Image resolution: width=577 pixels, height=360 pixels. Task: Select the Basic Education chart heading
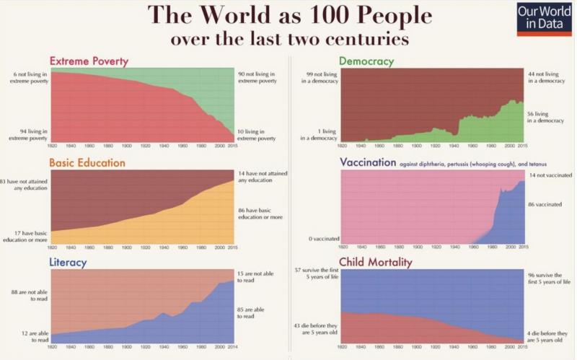(87, 162)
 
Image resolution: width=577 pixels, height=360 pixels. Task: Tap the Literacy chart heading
(68, 262)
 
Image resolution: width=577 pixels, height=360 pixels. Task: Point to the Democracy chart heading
(366, 61)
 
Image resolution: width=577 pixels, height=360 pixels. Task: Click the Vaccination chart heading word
(368, 162)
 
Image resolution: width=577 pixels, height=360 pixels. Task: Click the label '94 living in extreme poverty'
(29, 134)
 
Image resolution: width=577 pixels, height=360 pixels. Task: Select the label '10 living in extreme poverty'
(257, 134)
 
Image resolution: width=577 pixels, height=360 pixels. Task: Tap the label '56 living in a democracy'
(546, 117)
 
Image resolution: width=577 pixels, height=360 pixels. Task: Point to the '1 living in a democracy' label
(318, 134)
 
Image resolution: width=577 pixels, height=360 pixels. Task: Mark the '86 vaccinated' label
(545, 205)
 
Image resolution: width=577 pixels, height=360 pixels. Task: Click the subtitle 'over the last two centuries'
(288, 38)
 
